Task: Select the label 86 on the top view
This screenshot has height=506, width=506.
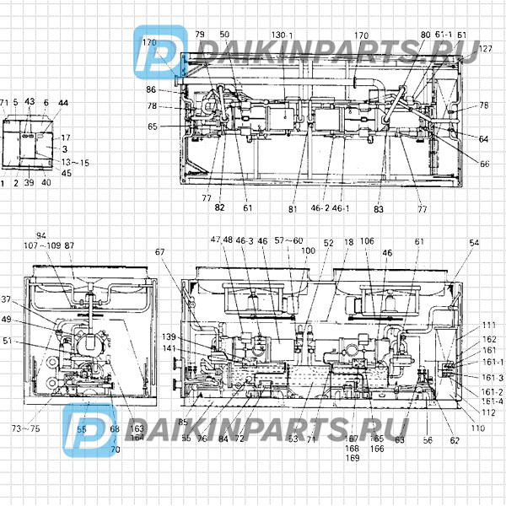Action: click(150, 89)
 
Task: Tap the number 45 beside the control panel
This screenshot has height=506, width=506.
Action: click(67, 174)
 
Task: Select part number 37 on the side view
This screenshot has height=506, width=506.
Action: click(7, 299)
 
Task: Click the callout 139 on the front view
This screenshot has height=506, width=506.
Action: click(169, 337)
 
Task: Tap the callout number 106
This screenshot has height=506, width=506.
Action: click(367, 241)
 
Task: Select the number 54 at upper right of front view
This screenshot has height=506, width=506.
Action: click(474, 242)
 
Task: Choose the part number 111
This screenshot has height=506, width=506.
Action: click(490, 325)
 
